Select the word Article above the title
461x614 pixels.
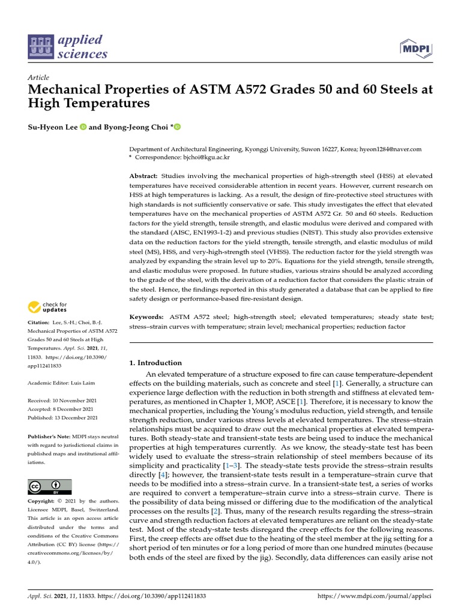(x=38, y=77)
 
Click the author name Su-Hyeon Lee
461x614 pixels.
(x=52, y=127)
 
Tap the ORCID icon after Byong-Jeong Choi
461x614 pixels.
(x=177, y=127)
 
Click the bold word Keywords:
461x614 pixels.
(x=146, y=317)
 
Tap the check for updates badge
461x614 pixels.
(x=47, y=308)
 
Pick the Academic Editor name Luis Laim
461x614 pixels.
(x=83, y=383)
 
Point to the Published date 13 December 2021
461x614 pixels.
(x=76, y=418)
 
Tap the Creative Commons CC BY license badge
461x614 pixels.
(x=50, y=486)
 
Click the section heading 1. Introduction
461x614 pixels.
(x=155, y=363)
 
